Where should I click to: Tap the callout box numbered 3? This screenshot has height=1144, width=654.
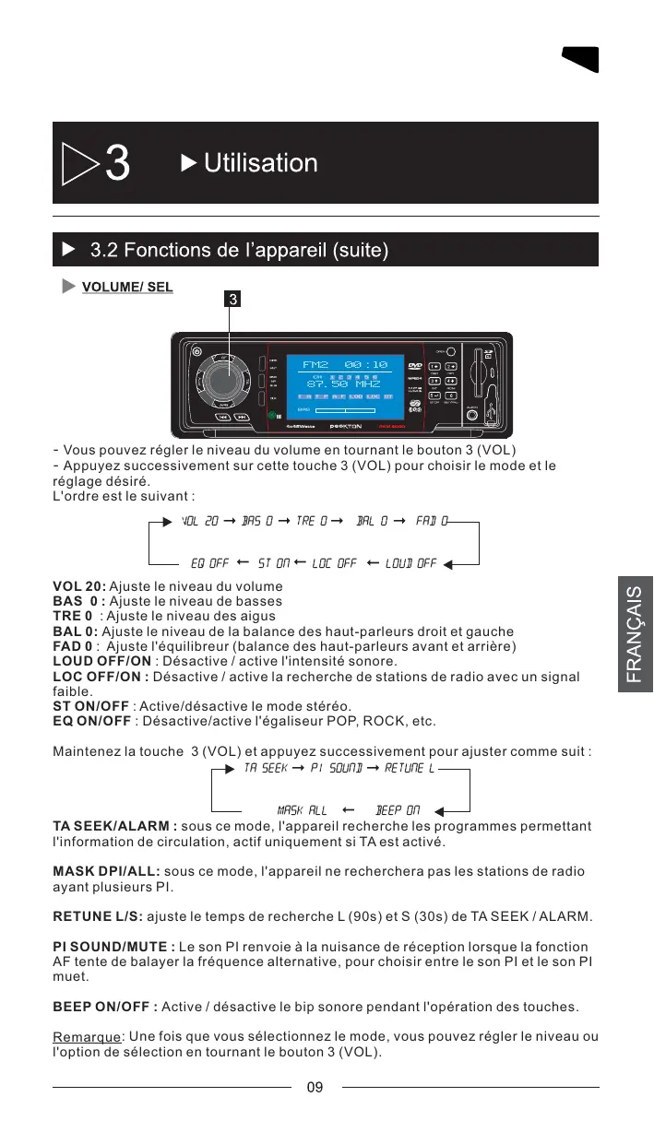pyautogui.click(x=234, y=299)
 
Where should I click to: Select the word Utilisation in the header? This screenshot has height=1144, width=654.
pyautogui.click(x=261, y=163)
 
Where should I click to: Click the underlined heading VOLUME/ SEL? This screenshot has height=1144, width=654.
pyautogui.click(x=127, y=287)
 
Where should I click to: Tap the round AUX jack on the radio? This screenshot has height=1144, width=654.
pyautogui.click(x=472, y=415)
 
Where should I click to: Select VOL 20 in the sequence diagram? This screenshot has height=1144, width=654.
pyautogui.click(x=200, y=523)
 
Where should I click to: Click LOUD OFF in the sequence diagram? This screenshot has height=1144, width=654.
pyautogui.click(x=410, y=562)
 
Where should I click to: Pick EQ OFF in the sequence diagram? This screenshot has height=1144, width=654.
pyautogui.click(x=209, y=562)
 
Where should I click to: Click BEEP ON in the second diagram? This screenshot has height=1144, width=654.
pyautogui.click(x=398, y=810)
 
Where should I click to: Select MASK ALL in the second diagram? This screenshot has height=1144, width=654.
pyautogui.click(x=302, y=810)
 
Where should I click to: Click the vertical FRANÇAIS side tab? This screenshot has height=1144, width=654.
pyautogui.click(x=635, y=635)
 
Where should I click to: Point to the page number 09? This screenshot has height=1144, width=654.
pyautogui.click(x=315, y=1088)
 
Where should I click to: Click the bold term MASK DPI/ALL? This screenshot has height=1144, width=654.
pyautogui.click(x=106, y=871)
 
